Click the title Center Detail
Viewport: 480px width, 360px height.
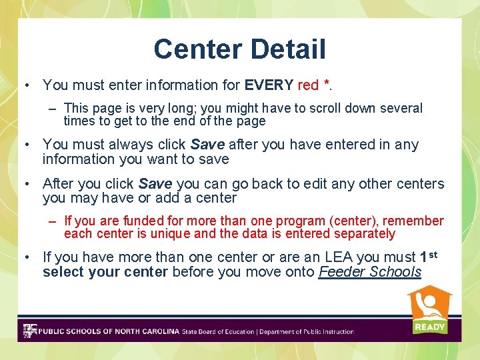pyautogui.click(x=239, y=49)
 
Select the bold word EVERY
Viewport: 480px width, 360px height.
pyautogui.click(x=269, y=85)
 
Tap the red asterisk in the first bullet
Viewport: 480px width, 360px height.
pyautogui.click(x=327, y=84)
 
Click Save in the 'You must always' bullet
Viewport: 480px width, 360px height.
pyautogui.click(x=207, y=145)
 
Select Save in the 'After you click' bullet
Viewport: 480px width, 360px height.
pyautogui.click(x=155, y=183)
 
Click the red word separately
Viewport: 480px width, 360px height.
pyautogui.click(x=364, y=234)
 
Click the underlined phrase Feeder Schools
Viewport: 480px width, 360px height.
pyautogui.click(x=370, y=272)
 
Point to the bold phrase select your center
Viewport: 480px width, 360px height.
pyautogui.click(x=105, y=272)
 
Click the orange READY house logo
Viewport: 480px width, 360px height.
pyautogui.click(x=429, y=310)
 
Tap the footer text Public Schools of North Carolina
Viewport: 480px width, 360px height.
pyautogui.click(x=109, y=331)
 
